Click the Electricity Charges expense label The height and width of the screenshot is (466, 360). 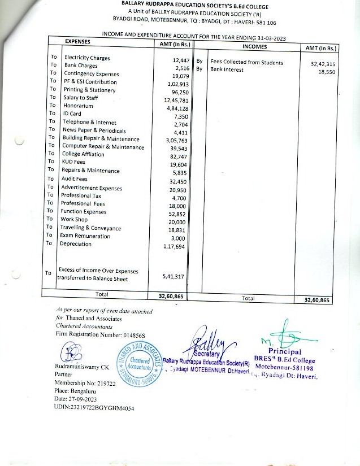point(86,58)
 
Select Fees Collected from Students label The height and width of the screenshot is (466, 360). point(246,63)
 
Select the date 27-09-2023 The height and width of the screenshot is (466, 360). point(80,399)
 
